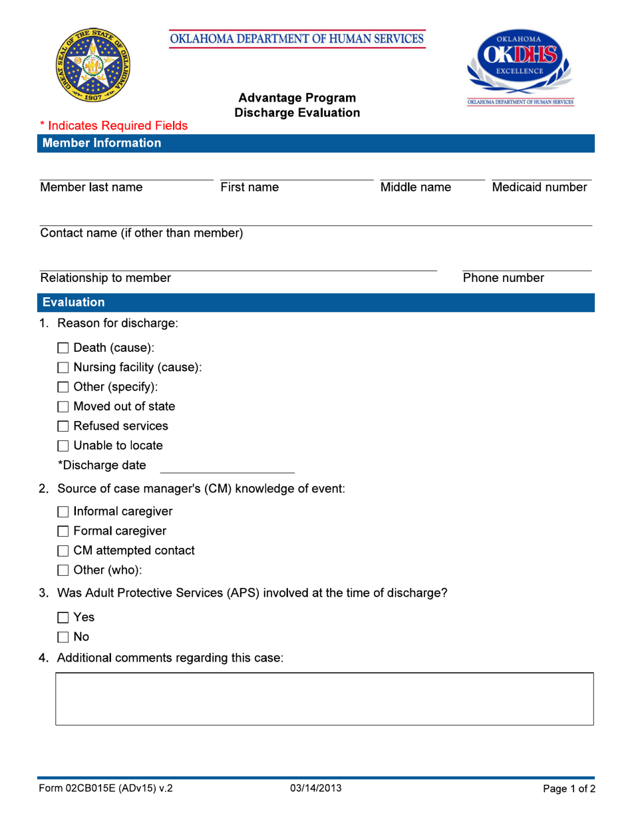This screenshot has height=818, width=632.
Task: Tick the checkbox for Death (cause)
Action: pos(64,348)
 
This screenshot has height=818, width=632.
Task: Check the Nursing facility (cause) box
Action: pos(64,368)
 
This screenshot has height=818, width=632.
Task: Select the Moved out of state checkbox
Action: pos(64,407)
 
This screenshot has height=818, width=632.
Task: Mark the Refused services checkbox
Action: pos(64,426)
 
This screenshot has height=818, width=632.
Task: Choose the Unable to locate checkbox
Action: pos(64,446)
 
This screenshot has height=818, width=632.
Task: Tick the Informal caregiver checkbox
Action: pos(64,512)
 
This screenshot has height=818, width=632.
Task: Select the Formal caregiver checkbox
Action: pos(64,531)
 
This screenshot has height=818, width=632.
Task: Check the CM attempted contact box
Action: pos(64,551)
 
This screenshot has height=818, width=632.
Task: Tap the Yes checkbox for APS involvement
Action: pos(64,618)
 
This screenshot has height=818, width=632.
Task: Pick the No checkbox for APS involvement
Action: pos(64,638)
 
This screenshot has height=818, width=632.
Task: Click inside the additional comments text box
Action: pos(324,699)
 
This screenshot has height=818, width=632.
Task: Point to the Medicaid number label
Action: pos(540,188)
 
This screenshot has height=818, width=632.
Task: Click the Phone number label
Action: pos(504,278)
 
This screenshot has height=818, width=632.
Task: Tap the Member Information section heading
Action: pos(101,143)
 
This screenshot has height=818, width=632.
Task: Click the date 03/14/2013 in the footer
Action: pos(316,789)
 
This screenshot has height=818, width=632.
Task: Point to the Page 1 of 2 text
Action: pos(569,789)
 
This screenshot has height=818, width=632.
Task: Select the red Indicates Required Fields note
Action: pos(114,125)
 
